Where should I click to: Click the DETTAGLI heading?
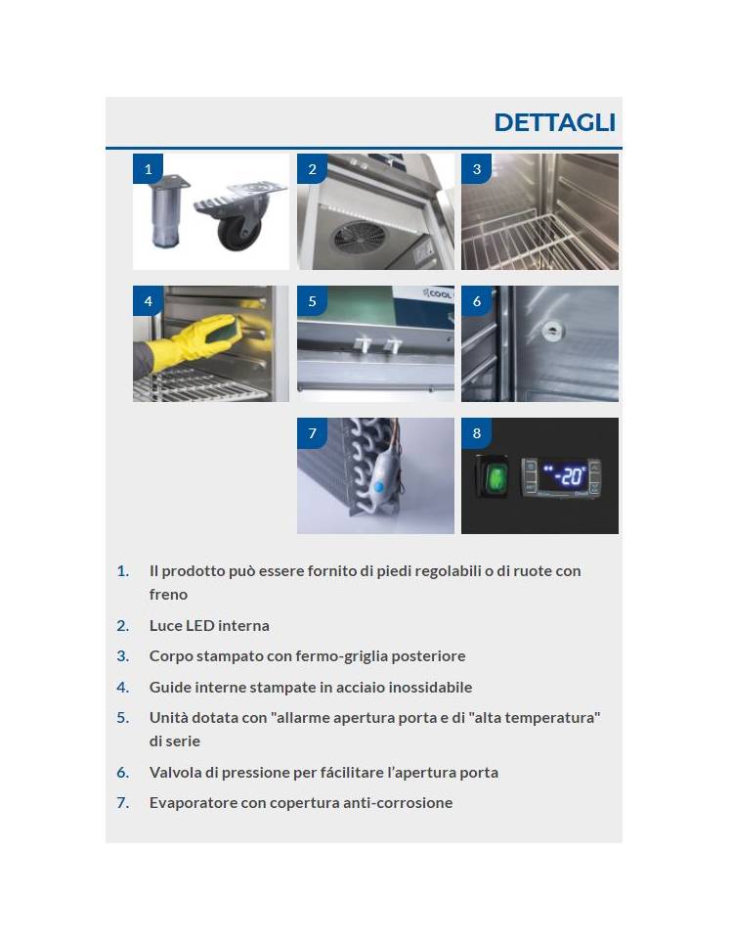[x=555, y=122]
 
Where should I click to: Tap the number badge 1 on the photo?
[x=148, y=168]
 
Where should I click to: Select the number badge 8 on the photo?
[x=476, y=432]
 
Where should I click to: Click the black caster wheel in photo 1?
[x=239, y=230]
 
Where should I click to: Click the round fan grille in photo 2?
[x=360, y=239]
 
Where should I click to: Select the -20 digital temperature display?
[x=564, y=476]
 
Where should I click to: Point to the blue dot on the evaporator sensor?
[x=377, y=487]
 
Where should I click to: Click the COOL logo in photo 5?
[x=438, y=294]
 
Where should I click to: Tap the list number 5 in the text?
[x=122, y=717]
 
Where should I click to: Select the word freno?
[x=168, y=594]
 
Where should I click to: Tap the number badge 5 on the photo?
[x=312, y=300]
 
